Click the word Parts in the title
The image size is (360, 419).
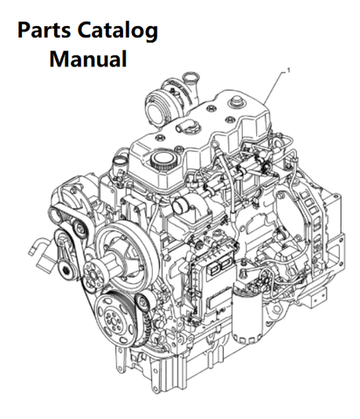[x=44, y=31]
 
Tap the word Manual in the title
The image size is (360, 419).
[x=88, y=58]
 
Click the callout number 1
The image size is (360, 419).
[x=288, y=70]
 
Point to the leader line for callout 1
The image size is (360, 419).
[x=274, y=88]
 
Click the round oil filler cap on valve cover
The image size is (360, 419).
[x=163, y=161]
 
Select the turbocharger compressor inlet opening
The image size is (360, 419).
[x=154, y=110]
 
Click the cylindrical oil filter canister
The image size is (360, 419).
[x=247, y=316]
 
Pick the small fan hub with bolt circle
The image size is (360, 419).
[x=93, y=273]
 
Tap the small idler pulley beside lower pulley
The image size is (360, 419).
[x=142, y=303]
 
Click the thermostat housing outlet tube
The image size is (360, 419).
[x=180, y=204]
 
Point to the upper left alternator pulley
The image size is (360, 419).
[x=58, y=215]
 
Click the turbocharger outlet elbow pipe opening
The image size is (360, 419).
[x=190, y=77]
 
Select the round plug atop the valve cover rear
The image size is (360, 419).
[x=236, y=102]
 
